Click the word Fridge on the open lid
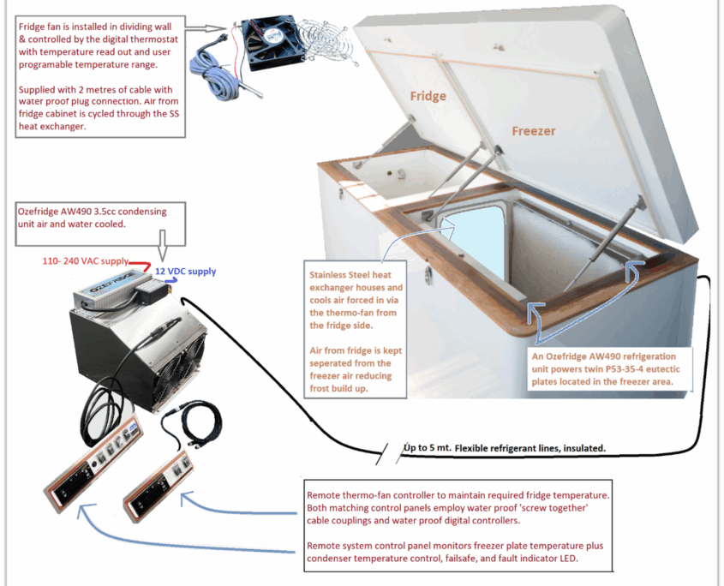(x=428, y=96)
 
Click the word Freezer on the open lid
(x=534, y=131)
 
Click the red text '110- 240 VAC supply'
(x=85, y=260)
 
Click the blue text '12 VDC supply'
(x=186, y=271)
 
